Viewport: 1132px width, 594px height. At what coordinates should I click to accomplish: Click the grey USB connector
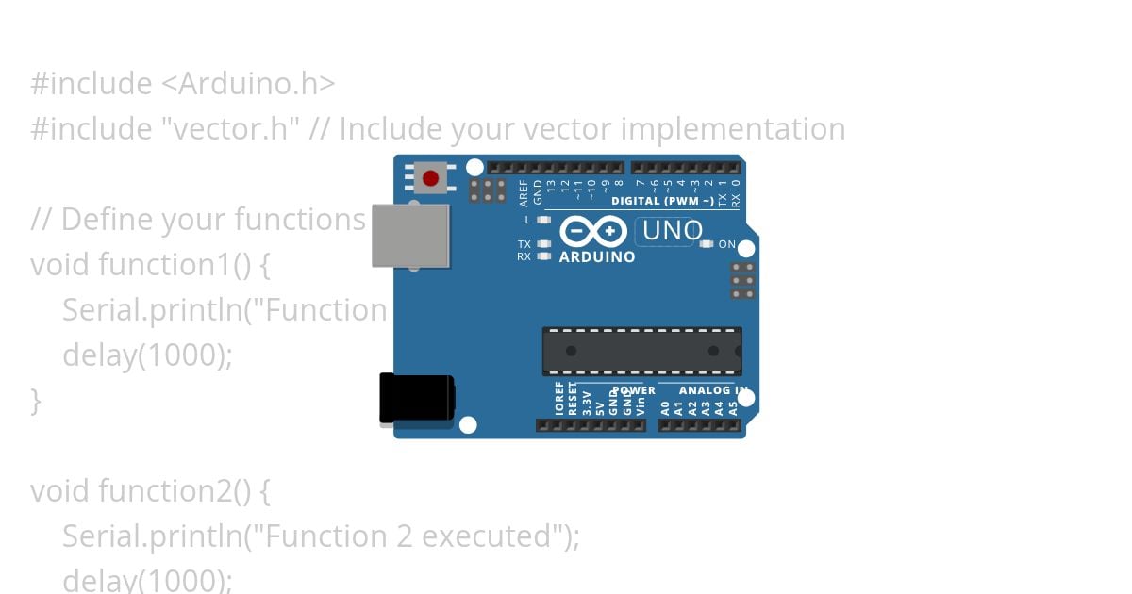pyautogui.click(x=410, y=236)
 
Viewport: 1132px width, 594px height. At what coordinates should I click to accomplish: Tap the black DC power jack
pyautogui.click(x=416, y=399)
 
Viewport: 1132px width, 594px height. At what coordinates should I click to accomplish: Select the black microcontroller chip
pyautogui.click(x=641, y=351)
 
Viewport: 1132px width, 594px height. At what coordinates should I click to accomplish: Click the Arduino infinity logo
pyautogui.click(x=593, y=231)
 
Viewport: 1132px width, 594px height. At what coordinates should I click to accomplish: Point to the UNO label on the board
pyautogui.click(x=672, y=230)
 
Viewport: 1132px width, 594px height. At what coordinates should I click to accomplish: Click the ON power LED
pyautogui.click(x=707, y=244)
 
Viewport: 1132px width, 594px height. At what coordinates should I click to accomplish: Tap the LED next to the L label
pyautogui.click(x=543, y=220)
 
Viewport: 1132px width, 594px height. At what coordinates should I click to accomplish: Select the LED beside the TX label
pyautogui.click(x=543, y=243)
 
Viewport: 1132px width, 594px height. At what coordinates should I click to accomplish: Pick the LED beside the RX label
pyautogui.click(x=543, y=256)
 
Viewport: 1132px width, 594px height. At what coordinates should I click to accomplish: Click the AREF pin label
pyautogui.click(x=524, y=192)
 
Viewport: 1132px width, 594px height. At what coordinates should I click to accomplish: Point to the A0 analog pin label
pyautogui.click(x=665, y=408)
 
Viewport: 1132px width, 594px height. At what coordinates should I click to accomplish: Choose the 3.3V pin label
pyautogui.click(x=586, y=403)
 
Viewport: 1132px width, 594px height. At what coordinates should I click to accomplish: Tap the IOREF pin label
pyautogui.click(x=559, y=399)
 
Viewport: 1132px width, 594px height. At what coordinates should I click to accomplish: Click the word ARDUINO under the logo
pyautogui.click(x=597, y=256)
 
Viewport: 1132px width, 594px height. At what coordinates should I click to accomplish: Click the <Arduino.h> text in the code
pyautogui.click(x=248, y=84)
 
